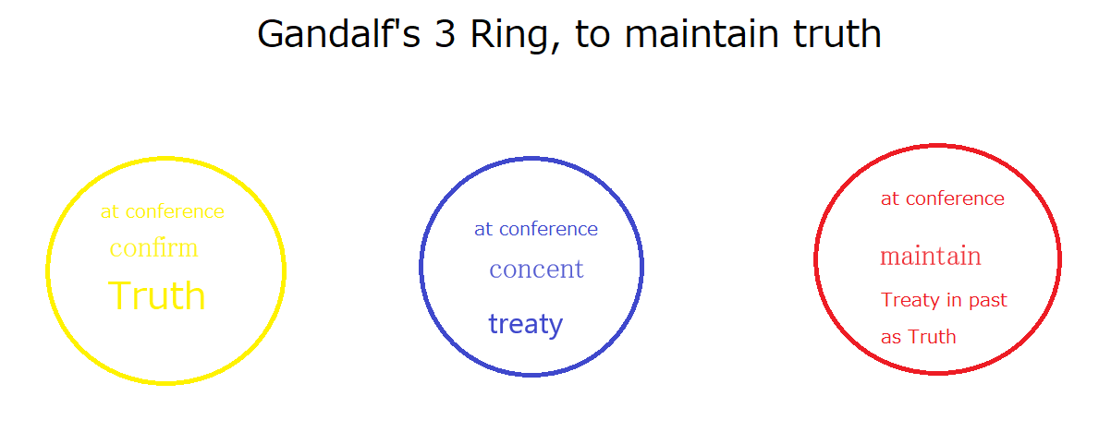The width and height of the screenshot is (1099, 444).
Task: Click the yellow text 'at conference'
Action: [163, 211]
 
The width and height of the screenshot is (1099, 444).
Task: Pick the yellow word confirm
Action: [153, 248]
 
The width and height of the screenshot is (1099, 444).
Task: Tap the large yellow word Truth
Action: [157, 295]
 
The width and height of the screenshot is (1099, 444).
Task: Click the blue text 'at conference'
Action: [536, 229]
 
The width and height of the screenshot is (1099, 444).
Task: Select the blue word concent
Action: [536, 270]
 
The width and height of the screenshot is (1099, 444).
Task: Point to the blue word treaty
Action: [526, 324]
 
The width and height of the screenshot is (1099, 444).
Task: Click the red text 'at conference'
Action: [943, 198]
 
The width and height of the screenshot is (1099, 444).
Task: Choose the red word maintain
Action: [931, 257]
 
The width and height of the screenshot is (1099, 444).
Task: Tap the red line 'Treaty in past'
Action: [944, 300]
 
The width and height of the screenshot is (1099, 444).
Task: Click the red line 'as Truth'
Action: [918, 337]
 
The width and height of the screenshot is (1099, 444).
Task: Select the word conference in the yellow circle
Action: [175, 211]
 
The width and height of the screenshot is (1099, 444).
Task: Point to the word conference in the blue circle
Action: [548, 229]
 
